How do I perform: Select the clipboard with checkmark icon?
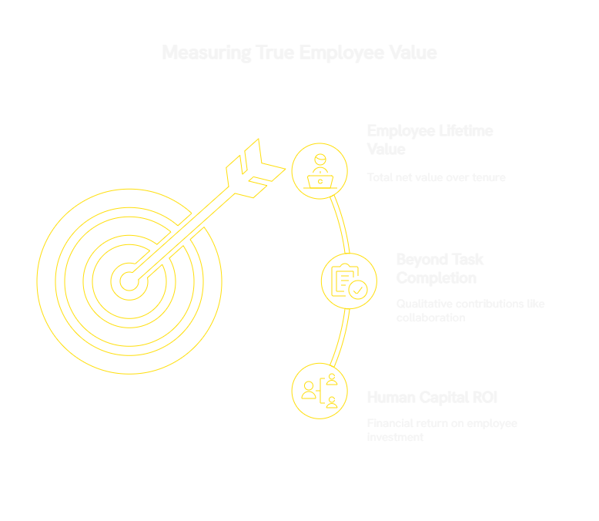coord(348,281)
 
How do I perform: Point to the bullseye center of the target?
coord(129,281)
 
